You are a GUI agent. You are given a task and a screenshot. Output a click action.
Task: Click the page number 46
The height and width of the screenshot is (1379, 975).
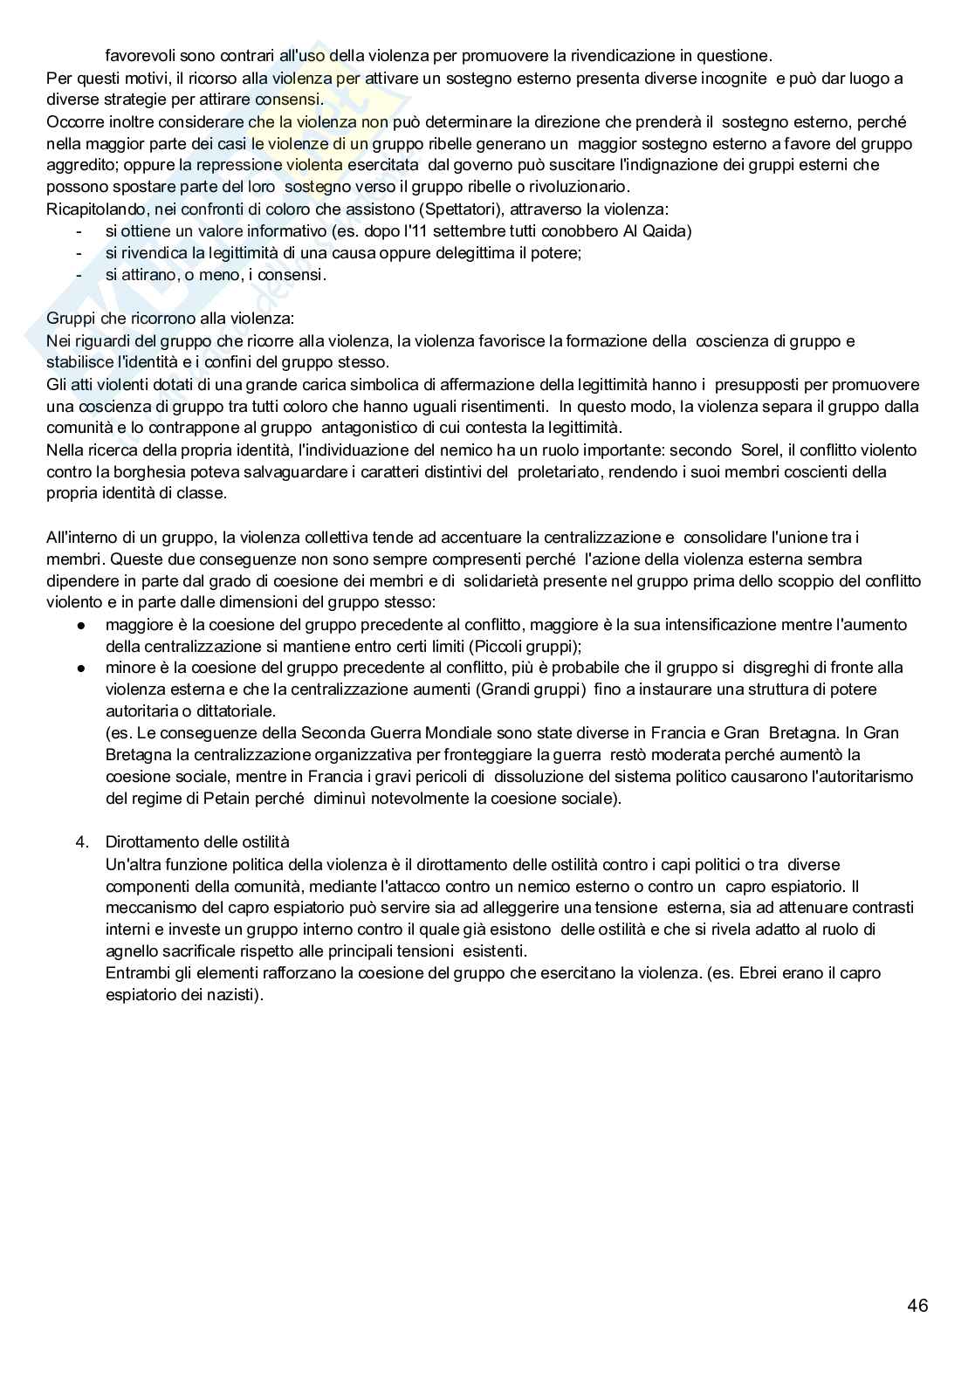917,1306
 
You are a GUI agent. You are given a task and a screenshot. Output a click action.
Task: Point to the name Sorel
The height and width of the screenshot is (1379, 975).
761,450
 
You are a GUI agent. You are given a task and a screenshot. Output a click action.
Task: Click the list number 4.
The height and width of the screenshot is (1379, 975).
82,842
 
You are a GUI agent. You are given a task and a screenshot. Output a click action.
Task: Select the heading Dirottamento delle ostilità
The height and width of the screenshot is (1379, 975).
197,842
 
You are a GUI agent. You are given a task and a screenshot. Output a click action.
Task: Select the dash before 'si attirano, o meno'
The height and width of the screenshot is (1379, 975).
79,275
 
